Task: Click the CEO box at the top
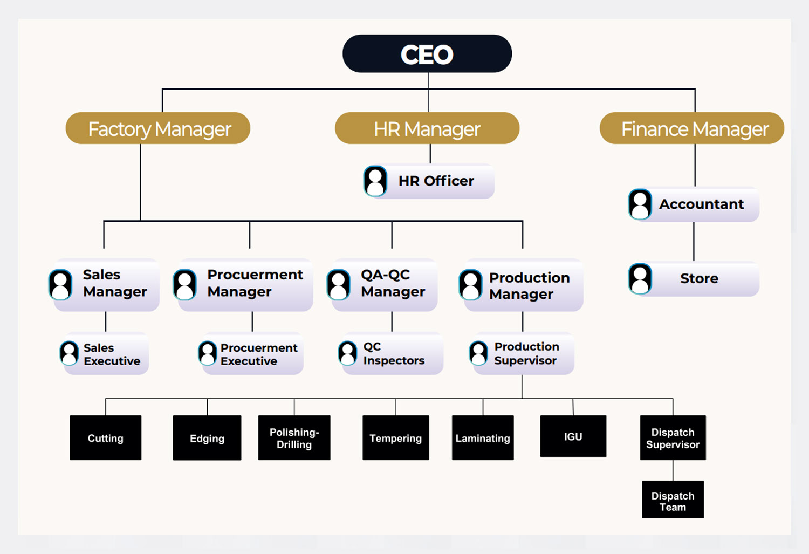[x=427, y=54]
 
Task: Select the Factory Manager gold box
[x=158, y=128]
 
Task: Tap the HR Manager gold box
[x=427, y=128]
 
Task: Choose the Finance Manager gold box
[x=692, y=128]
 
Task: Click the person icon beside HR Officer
[x=375, y=181]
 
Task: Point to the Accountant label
[x=701, y=204]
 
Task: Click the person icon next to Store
[x=640, y=279]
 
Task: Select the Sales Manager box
[x=107, y=284]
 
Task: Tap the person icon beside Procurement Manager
[x=185, y=284]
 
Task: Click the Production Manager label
[x=529, y=285]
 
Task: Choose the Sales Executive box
[x=106, y=354]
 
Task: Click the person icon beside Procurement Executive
[x=208, y=354]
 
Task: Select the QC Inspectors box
[x=392, y=354]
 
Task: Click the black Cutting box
[x=106, y=437]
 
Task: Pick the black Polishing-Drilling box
[x=294, y=437]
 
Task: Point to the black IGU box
[x=573, y=436]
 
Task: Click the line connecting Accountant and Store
[x=694, y=242]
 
